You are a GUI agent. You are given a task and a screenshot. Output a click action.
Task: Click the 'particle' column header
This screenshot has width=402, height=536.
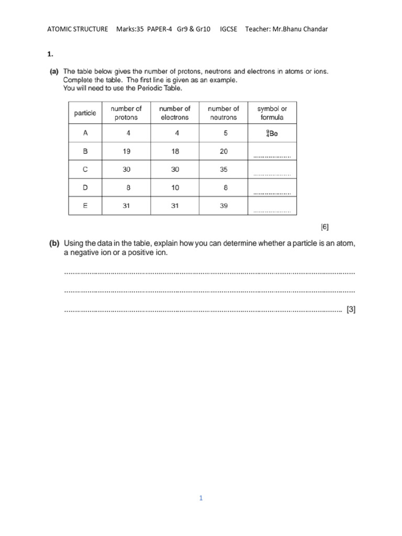tap(85, 113)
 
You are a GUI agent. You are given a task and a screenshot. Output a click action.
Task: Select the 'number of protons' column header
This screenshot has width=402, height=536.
tap(126, 113)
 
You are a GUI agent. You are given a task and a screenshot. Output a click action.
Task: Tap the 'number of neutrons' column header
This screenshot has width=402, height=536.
tap(224, 113)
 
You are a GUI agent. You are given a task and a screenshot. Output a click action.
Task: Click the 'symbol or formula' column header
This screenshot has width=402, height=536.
tap(272, 113)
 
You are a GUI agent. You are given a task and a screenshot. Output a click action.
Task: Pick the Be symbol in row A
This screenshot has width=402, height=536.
tap(272, 133)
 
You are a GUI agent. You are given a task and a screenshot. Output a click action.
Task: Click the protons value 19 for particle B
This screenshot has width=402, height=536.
tap(126, 151)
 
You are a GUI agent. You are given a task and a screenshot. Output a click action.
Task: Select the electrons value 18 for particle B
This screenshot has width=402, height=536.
tap(175, 151)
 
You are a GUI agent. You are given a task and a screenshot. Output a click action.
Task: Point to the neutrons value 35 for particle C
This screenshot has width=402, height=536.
tap(224, 170)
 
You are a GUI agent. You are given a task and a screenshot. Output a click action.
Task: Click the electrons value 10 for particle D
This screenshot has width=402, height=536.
tap(175, 187)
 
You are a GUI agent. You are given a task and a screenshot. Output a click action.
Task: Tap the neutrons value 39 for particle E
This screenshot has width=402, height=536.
tap(224, 206)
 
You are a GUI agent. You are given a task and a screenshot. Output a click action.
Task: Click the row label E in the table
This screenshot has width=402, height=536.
tap(85, 206)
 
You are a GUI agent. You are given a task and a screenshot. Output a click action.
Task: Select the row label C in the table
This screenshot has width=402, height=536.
tap(85, 170)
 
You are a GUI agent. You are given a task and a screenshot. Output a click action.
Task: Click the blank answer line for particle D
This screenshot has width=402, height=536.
tap(272, 193)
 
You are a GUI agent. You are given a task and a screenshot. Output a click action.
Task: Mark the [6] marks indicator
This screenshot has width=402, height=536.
tap(325, 227)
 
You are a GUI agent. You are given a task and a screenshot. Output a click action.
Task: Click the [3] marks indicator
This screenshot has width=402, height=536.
tap(351, 310)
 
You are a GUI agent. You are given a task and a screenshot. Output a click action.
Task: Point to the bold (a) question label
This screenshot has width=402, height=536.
tap(54, 71)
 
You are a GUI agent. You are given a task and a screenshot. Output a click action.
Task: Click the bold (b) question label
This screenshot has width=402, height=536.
tap(54, 243)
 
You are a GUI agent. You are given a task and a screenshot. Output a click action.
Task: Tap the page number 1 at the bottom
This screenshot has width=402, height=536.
tap(200, 498)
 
